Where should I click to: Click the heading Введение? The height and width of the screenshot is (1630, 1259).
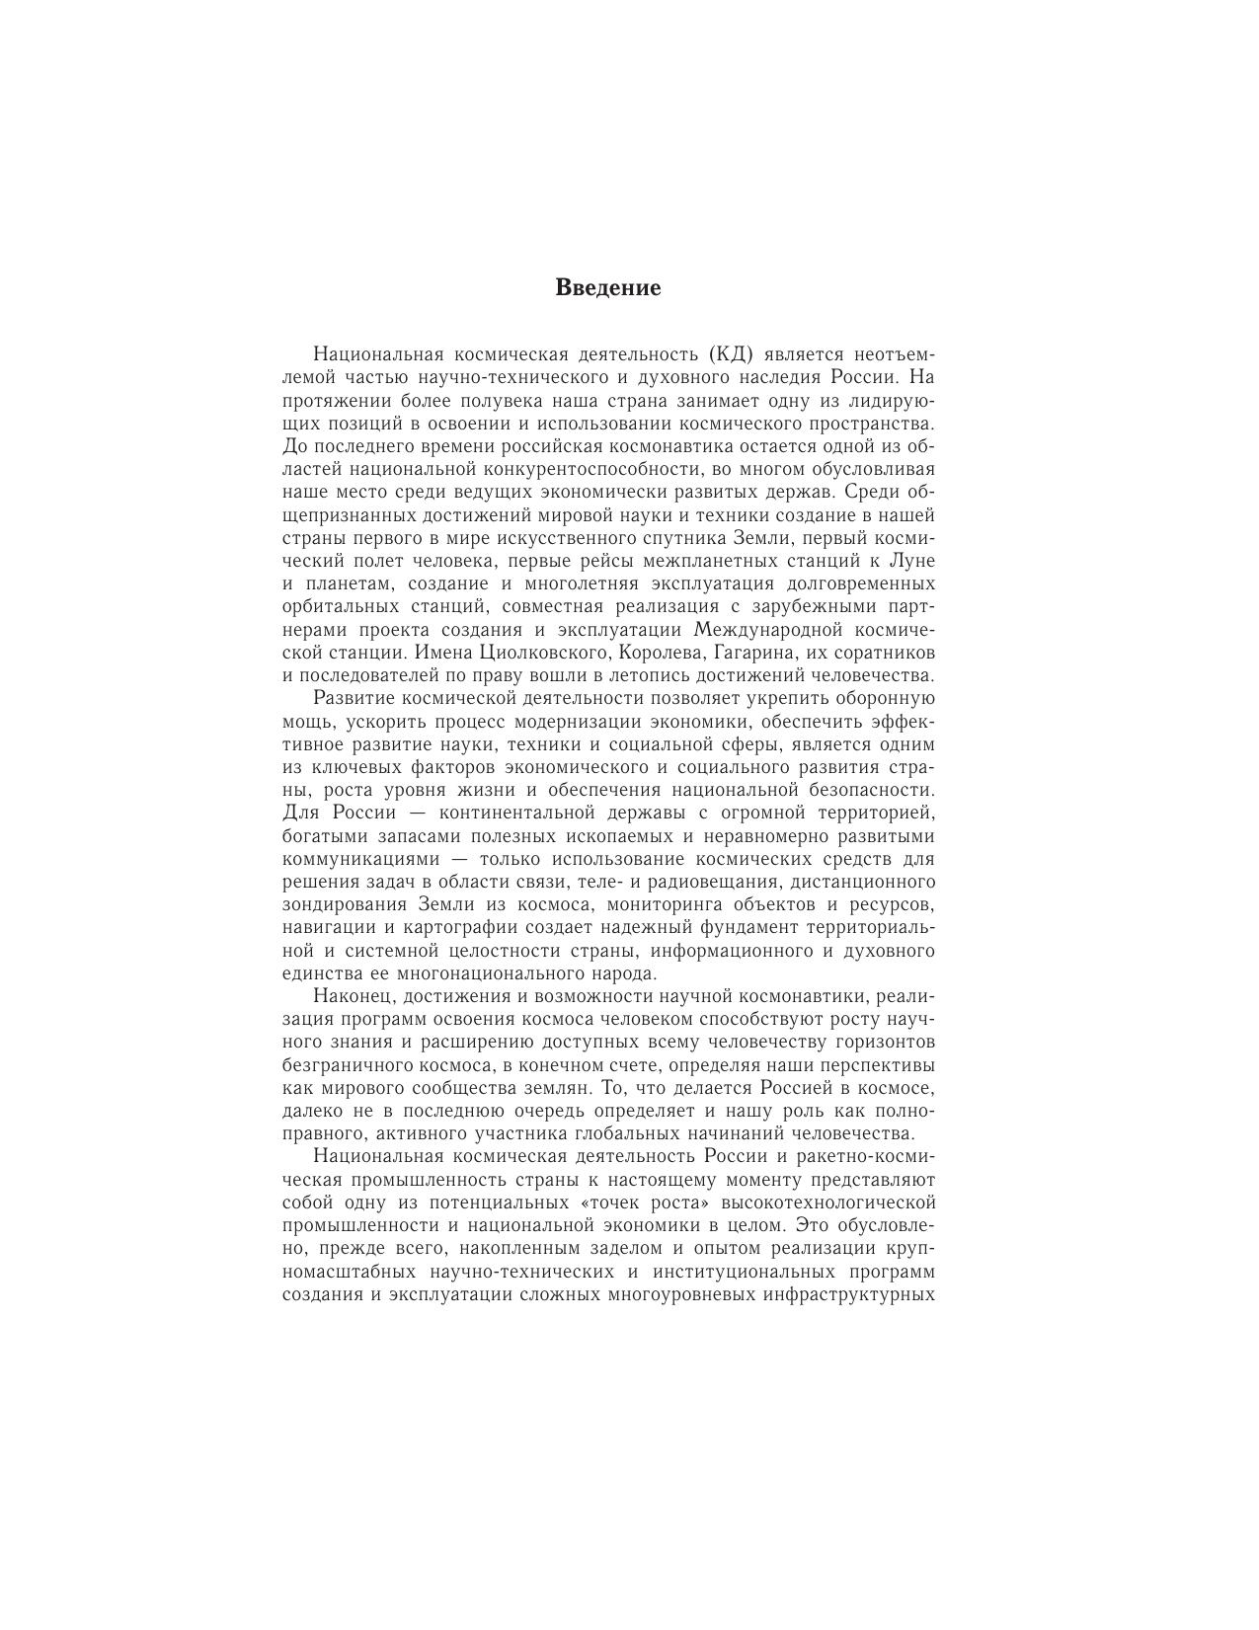[607, 288]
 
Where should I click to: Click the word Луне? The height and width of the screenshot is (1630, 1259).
[912, 561]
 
